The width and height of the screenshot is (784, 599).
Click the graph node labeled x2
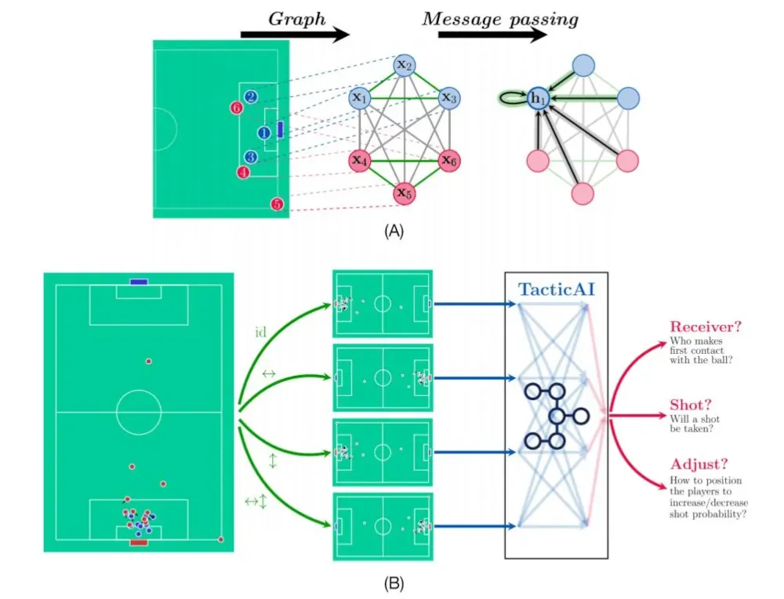click(x=405, y=66)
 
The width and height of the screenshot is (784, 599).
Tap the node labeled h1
click(x=538, y=99)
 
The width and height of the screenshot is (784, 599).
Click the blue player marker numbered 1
click(x=264, y=133)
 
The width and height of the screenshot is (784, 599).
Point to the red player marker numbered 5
click(x=277, y=204)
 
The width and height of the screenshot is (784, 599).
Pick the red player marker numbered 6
click(x=237, y=107)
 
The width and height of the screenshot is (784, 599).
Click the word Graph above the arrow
click(x=297, y=19)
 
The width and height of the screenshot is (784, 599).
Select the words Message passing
click(x=500, y=20)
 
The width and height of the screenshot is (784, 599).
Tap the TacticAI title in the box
click(x=557, y=289)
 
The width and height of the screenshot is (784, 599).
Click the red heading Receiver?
click(x=706, y=327)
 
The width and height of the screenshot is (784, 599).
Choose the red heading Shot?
click(x=690, y=404)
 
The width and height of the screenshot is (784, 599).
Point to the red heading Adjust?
click(x=699, y=464)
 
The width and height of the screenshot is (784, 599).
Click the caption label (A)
click(x=394, y=231)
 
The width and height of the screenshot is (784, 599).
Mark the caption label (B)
click(x=394, y=583)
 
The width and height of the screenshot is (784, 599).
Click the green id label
click(x=260, y=332)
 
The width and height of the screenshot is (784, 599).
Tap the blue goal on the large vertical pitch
click(x=139, y=282)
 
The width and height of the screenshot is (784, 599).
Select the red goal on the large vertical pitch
click(x=139, y=542)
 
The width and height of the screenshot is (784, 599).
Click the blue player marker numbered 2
click(x=251, y=96)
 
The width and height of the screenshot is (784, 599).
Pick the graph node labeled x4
click(x=360, y=161)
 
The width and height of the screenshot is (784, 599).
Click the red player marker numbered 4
click(x=244, y=172)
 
